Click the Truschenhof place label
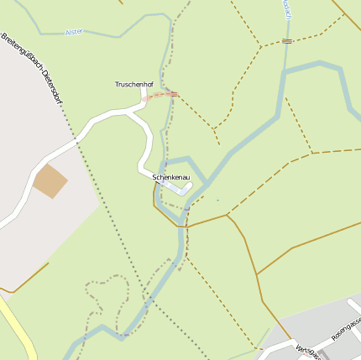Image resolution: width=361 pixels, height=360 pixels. click(x=134, y=85)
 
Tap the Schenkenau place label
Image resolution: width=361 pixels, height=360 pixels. click(x=171, y=179)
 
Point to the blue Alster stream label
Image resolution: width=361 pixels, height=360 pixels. click(x=74, y=32)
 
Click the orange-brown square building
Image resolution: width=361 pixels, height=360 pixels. click(x=50, y=181)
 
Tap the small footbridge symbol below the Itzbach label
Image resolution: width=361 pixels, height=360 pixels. click(x=287, y=40)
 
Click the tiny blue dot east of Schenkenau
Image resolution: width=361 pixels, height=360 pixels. click(x=217, y=200)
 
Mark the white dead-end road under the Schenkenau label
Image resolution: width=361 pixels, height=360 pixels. click(x=172, y=188)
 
